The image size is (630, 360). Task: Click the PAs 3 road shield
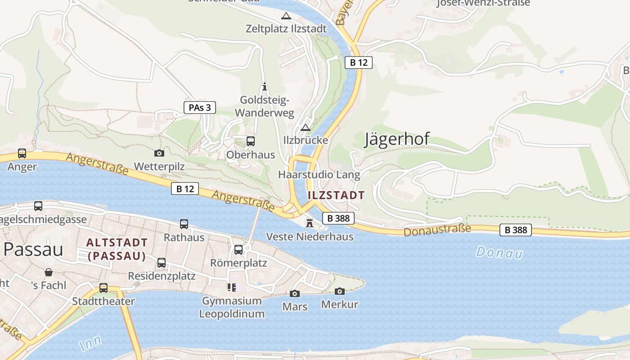tap(200, 108)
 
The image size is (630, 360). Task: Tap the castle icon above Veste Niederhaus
tap(310, 223)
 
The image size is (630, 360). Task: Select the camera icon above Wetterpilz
tap(159, 153)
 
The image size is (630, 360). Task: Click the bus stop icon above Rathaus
tap(184, 224)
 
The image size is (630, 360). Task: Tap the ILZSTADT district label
tap(336, 195)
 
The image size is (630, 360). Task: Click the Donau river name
tap(499, 252)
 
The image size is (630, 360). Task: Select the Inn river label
tap(90, 343)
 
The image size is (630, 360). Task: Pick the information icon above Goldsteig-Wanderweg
tap(265, 86)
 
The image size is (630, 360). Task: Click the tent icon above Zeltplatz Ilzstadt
tap(286, 16)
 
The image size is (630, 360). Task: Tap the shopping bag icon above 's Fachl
tap(49, 272)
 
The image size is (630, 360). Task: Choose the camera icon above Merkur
tap(340, 291)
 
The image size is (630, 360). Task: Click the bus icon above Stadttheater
tap(103, 288)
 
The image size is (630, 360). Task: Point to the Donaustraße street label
tap(437, 230)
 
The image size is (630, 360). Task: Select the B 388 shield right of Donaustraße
tap(516, 230)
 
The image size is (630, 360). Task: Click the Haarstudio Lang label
tap(319, 175)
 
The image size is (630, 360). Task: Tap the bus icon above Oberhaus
tap(251, 141)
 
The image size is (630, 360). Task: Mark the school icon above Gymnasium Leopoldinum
tap(232, 287)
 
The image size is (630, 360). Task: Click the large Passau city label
tap(33, 249)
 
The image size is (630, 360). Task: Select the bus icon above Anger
tap(22, 153)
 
